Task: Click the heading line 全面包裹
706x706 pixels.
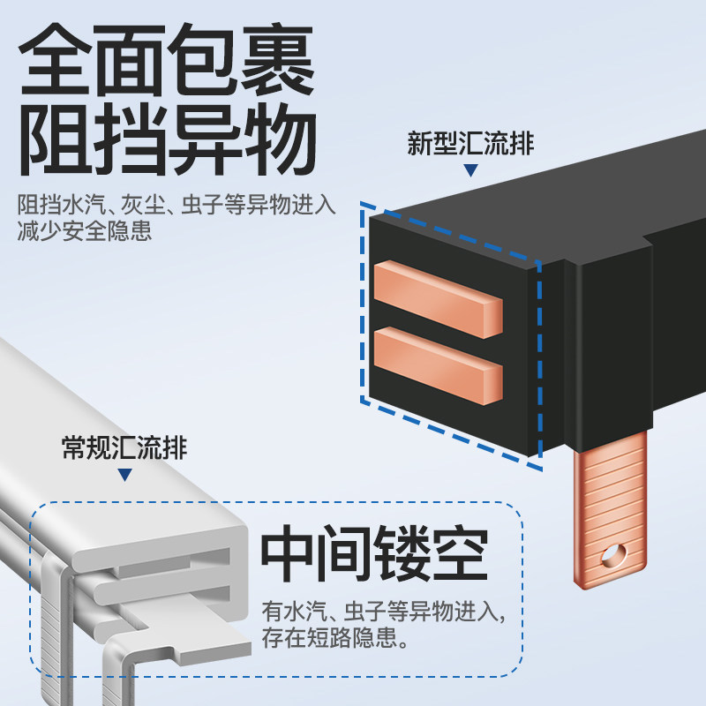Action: click(x=168, y=66)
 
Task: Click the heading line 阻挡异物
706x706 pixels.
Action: click(x=168, y=141)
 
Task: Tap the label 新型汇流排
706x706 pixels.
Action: click(x=471, y=143)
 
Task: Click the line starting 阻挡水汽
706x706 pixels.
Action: click(x=176, y=206)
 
